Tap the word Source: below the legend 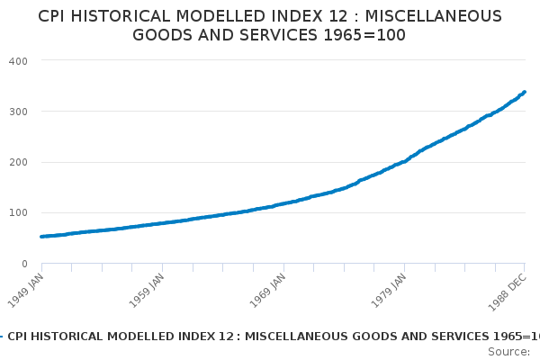pyautogui.click(x=513, y=351)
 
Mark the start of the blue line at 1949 pyautogui.click(x=42, y=237)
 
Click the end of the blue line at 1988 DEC pyautogui.click(x=525, y=92)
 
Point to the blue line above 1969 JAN pyautogui.click(x=283, y=202)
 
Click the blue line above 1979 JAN pyautogui.click(x=405, y=161)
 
